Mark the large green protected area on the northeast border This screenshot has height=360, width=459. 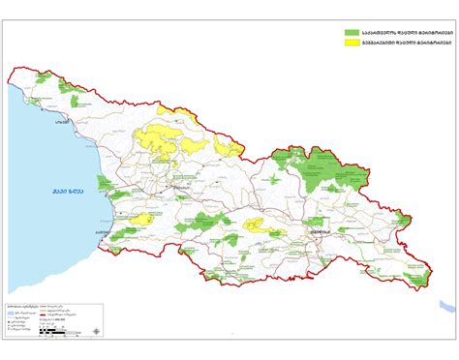pyautogui.click(x=329, y=174)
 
